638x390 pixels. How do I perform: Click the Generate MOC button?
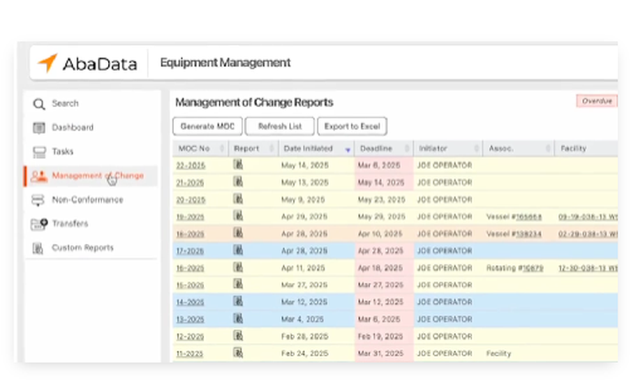point(207,126)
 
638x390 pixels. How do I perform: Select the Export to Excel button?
point(352,126)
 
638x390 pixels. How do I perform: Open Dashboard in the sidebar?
point(72,128)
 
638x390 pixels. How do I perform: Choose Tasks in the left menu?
point(63,152)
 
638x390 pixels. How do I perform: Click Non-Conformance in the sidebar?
point(87,200)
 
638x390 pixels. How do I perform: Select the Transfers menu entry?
point(70,224)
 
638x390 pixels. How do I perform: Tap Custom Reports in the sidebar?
point(82,248)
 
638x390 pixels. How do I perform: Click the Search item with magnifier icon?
point(64,103)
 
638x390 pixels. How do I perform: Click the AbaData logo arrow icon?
point(47,63)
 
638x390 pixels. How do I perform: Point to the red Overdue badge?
point(597,101)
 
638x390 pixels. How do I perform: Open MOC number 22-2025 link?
point(190,165)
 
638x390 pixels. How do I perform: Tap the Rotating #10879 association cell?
point(515,268)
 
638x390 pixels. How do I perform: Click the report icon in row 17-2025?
point(238,250)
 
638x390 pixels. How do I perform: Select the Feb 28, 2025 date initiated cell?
point(304,336)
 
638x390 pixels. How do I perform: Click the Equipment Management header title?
point(225,63)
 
